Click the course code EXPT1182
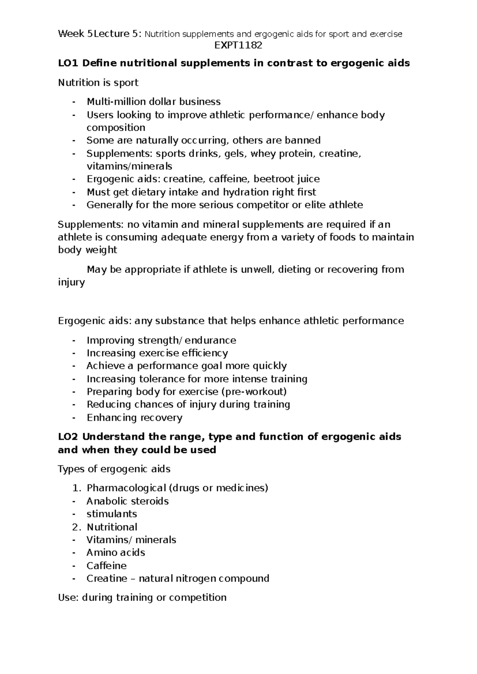(x=238, y=45)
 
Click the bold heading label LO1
(x=68, y=63)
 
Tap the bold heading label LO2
(x=68, y=437)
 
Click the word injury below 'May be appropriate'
(x=71, y=283)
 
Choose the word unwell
(x=257, y=269)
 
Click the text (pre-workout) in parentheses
(x=253, y=392)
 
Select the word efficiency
(x=205, y=353)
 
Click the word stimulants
(x=112, y=514)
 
